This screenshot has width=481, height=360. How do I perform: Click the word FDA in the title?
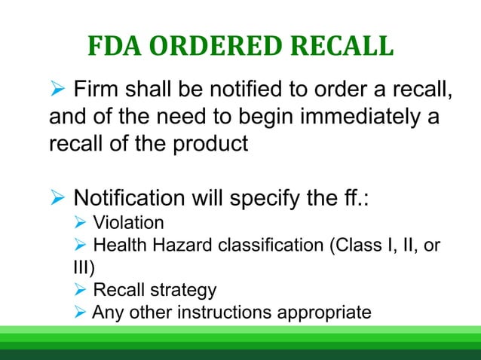[114, 47]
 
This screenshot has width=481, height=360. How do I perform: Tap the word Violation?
[127, 223]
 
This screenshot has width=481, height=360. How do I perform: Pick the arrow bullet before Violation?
[81, 224]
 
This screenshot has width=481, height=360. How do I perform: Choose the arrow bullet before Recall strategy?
[81, 290]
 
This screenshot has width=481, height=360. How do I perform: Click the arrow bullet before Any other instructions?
[81, 312]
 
